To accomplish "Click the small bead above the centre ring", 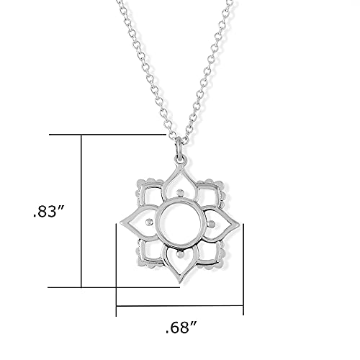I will [x=179, y=192].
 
